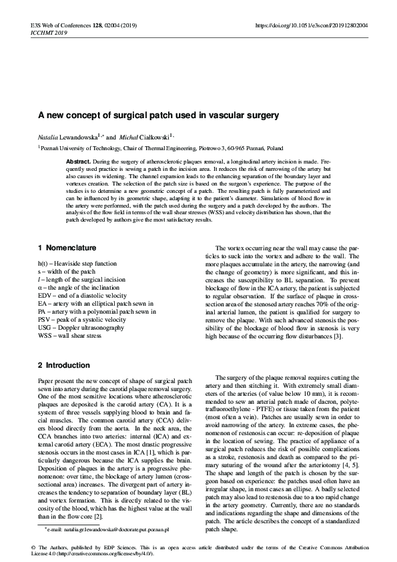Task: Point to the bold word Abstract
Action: pyautogui.click(x=79, y=162)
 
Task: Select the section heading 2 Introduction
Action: pyautogui.click(x=64, y=366)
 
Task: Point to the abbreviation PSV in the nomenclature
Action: pyautogui.click(x=45, y=320)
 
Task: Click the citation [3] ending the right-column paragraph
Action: pyautogui.click(x=338, y=336)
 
